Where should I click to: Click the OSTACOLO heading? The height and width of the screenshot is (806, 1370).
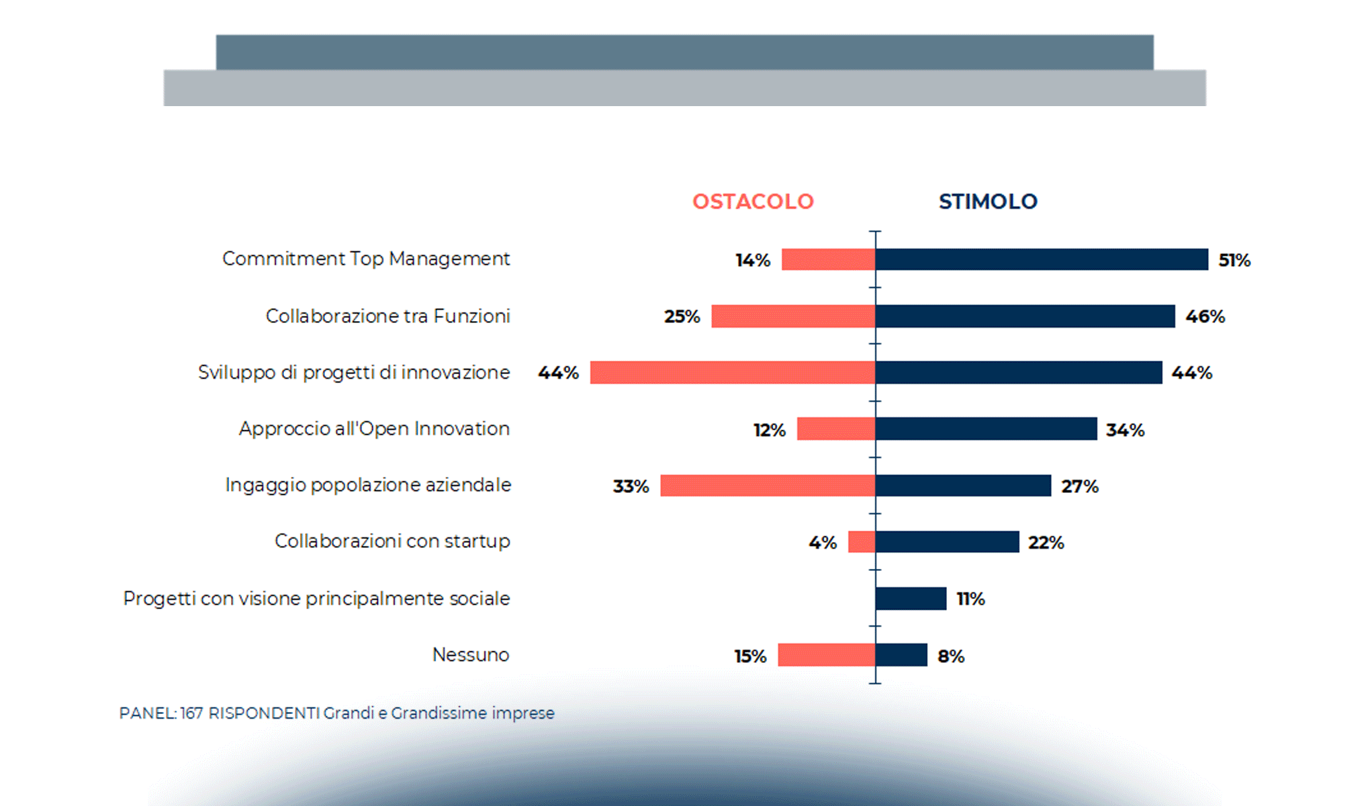753,201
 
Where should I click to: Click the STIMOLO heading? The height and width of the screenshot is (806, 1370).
988,201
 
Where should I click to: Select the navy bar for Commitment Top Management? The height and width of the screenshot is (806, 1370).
1041,259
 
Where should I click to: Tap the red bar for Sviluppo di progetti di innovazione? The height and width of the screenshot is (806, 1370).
732,373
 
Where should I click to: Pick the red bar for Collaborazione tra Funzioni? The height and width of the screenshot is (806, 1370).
792,316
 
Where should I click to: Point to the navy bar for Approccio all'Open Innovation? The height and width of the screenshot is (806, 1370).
986,429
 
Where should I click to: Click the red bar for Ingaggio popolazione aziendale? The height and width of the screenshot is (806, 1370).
767,486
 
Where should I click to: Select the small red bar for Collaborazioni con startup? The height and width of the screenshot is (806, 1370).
862,542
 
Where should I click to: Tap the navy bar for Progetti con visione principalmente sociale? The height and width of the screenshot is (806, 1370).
911,598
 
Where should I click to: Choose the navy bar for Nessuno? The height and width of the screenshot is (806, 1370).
901,655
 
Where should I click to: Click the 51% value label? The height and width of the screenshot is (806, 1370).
1234,261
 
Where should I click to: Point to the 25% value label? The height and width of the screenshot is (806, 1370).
682,316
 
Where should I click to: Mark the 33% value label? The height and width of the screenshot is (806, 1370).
631,486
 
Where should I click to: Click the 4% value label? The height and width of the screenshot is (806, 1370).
823,543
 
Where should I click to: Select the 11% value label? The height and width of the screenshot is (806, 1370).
970,599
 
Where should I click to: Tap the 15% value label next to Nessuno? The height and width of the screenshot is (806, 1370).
750,656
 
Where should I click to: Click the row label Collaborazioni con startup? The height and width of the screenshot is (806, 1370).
392,541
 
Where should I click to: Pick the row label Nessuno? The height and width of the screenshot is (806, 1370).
470,655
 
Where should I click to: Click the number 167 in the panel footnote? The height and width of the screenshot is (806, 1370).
191,713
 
